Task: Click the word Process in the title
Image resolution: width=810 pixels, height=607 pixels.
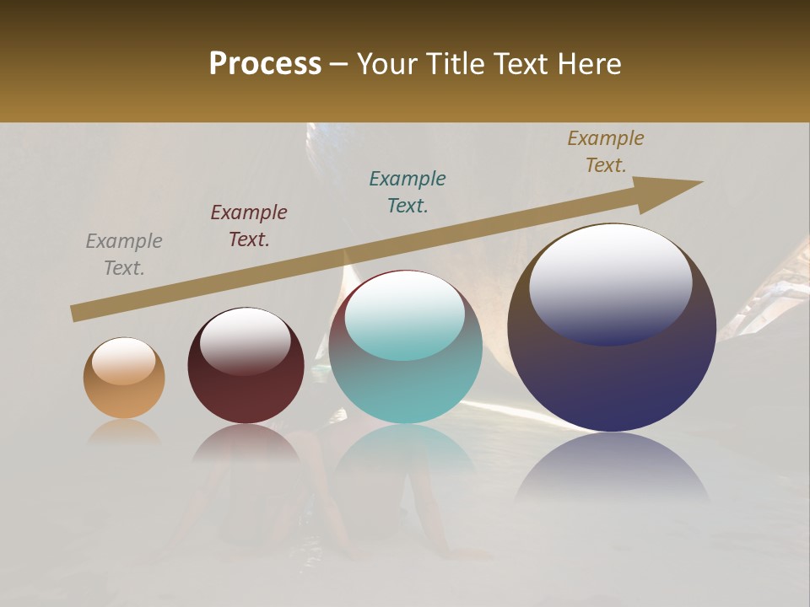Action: tap(265, 63)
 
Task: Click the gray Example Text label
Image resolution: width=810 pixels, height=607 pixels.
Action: tap(124, 255)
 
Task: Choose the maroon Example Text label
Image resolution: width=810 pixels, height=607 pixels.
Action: tap(249, 226)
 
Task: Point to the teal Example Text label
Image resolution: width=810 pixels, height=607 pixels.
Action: tap(408, 192)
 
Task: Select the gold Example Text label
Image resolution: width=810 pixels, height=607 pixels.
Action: tap(606, 152)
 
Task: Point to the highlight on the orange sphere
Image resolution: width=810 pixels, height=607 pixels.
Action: tap(123, 361)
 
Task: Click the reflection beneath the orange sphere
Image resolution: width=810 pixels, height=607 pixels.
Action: tap(124, 432)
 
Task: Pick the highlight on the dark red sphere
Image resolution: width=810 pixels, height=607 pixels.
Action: tap(245, 339)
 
